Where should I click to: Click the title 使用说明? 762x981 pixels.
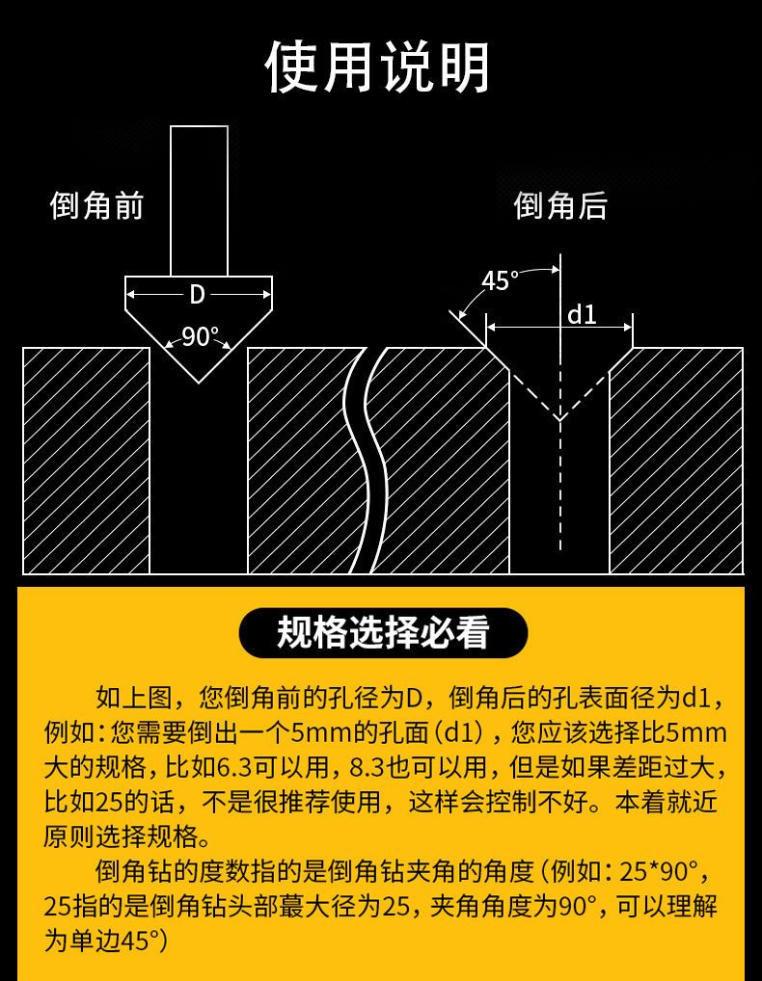(x=377, y=66)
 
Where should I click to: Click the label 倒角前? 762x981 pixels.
(x=97, y=205)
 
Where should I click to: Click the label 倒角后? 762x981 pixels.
(x=560, y=205)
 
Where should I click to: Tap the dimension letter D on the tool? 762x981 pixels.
(x=197, y=294)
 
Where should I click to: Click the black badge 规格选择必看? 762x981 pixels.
(x=383, y=632)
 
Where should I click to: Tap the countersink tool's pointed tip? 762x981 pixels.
(x=199, y=382)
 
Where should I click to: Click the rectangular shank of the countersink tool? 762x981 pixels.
(x=199, y=200)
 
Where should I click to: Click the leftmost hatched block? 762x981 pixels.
(x=87, y=461)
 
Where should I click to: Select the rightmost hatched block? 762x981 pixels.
(x=676, y=461)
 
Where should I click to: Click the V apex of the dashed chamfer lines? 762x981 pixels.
(x=559, y=418)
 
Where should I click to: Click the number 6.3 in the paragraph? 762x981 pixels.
(x=231, y=767)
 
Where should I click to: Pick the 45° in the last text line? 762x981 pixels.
(x=138, y=941)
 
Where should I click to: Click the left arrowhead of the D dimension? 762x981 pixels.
(x=130, y=294)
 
